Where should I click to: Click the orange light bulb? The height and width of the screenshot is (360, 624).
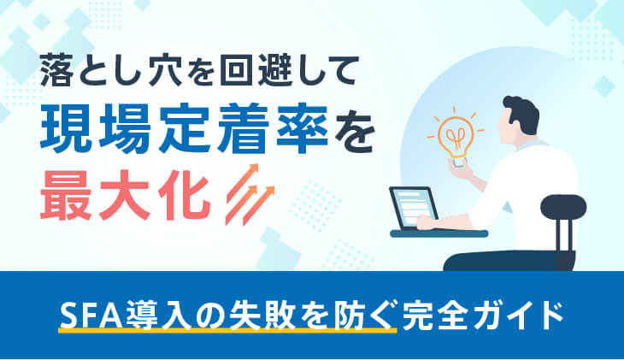456,138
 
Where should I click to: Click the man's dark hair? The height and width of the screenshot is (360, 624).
521,114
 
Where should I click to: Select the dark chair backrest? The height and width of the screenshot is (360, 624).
563,207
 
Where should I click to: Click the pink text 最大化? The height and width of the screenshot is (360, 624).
125,196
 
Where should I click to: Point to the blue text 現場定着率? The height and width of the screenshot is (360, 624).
184,129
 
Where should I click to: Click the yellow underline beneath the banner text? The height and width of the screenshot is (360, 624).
227,330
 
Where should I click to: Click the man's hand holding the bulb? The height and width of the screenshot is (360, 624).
462,168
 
